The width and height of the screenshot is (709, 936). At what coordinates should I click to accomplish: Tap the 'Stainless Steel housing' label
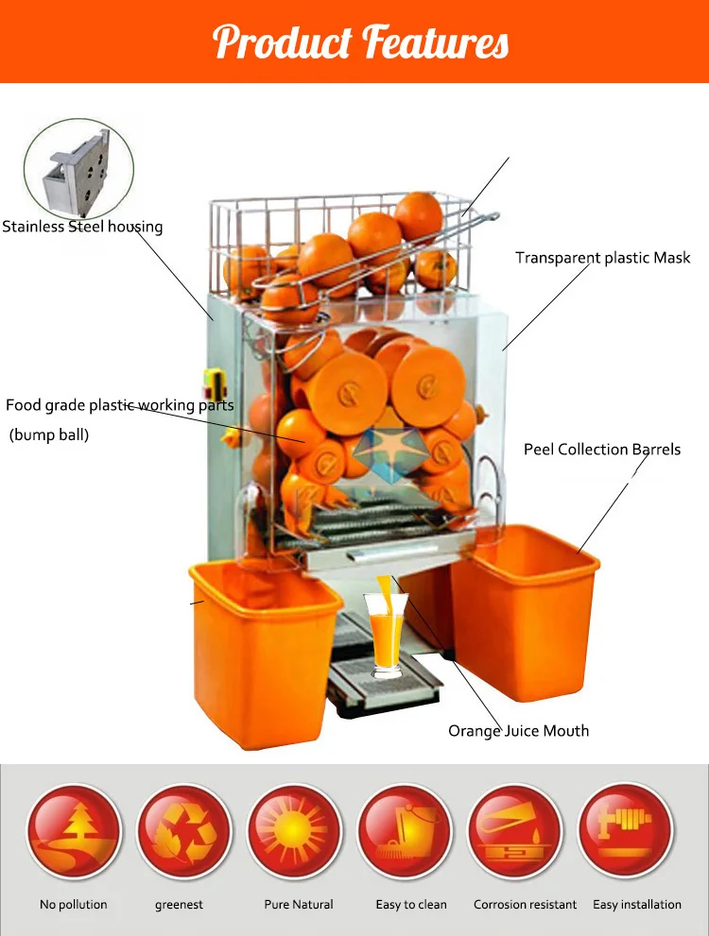[82, 227]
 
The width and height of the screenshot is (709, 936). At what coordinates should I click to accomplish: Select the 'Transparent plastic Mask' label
[602, 258]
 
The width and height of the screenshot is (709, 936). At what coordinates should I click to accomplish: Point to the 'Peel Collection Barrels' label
[602, 450]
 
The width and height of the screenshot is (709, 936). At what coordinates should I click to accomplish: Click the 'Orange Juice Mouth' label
[518, 730]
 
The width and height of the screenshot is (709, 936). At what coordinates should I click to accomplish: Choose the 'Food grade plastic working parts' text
[119, 405]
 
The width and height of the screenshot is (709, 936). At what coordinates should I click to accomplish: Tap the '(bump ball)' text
[49, 435]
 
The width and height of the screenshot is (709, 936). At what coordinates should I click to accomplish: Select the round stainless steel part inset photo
[78, 169]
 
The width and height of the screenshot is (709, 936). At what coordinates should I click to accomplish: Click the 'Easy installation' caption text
[637, 905]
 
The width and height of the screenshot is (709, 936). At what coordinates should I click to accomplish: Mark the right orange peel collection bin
[524, 614]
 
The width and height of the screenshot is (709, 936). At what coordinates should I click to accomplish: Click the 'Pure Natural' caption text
[299, 905]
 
